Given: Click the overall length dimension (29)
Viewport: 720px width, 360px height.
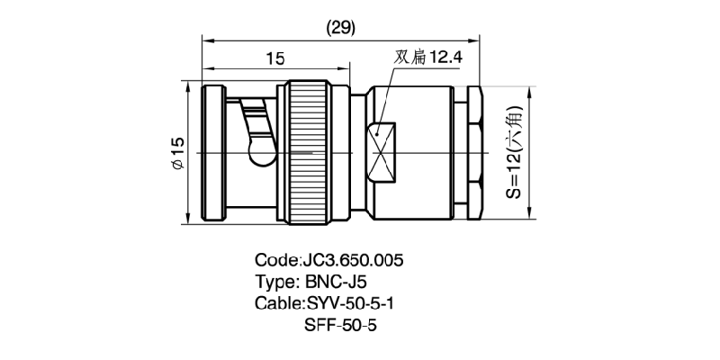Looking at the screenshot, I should click(x=339, y=28).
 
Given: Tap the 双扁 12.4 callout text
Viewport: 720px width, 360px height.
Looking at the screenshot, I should click(x=427, y=58).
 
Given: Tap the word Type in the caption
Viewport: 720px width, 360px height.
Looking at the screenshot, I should click(x=275, y=281).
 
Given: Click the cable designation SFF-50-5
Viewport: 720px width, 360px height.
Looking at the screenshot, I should click(x=342, y=323).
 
